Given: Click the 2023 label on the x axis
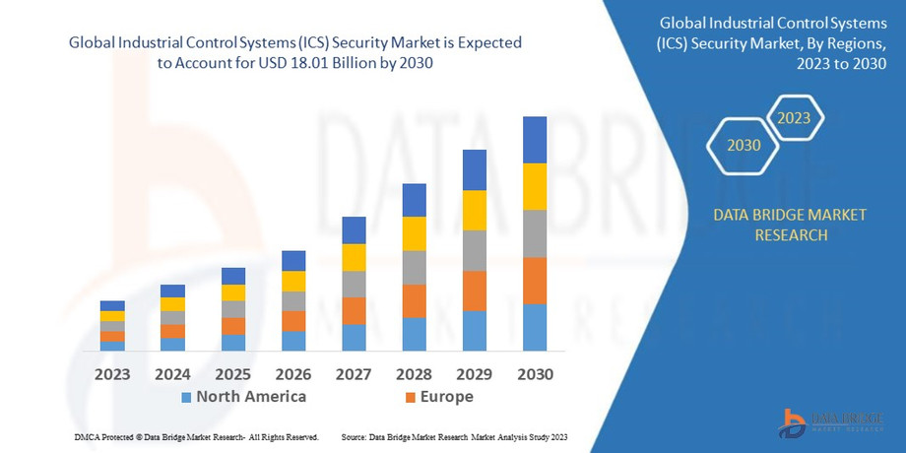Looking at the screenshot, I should click(112, 374).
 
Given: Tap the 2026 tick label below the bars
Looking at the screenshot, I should click(293, 374).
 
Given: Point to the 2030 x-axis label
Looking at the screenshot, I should click(535, 374).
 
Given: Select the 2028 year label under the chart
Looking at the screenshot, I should click(415, 374).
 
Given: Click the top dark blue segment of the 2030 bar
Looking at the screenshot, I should click(535, 140).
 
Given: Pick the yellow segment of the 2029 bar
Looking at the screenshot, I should click(475, 210).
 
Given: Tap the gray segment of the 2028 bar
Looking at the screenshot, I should click(415, 267).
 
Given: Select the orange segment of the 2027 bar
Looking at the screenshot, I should click(354, 310).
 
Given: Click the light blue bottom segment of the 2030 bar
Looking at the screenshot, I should click(535, 327).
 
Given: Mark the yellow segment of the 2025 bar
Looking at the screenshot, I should click(233, 292).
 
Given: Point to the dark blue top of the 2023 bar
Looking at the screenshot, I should click(112, 305).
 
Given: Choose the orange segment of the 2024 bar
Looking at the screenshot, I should click(173, 331).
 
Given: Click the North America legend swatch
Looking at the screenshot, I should click(185, 397).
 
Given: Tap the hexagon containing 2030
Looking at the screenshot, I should click(744, 145).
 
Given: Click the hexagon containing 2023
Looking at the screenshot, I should click(794, 118).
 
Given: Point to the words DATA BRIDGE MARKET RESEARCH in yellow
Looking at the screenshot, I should click(791, 225).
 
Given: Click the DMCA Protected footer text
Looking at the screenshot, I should click(196, 436).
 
